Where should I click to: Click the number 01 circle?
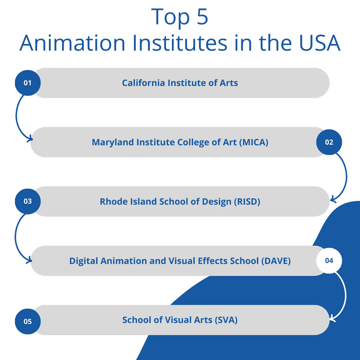click(x=28, y=83)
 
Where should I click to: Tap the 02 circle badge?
click(x=329, y=142)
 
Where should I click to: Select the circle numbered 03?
click(x=28, y=201)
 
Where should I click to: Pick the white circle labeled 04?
click(x=329, y=260)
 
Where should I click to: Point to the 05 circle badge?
click(x=28, y=321)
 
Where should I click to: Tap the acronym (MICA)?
click(x=254, y=142)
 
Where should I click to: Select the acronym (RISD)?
click(x=247, y=202)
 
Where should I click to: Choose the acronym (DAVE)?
click(x=276, y=261)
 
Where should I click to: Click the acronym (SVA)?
click(x=226, y=320)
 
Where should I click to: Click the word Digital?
click(x=84, y=261)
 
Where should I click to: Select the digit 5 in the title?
click(x=202, y=17)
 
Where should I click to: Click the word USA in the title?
click(x=320, y=43)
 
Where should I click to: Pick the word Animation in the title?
click(x=72, y=43)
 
